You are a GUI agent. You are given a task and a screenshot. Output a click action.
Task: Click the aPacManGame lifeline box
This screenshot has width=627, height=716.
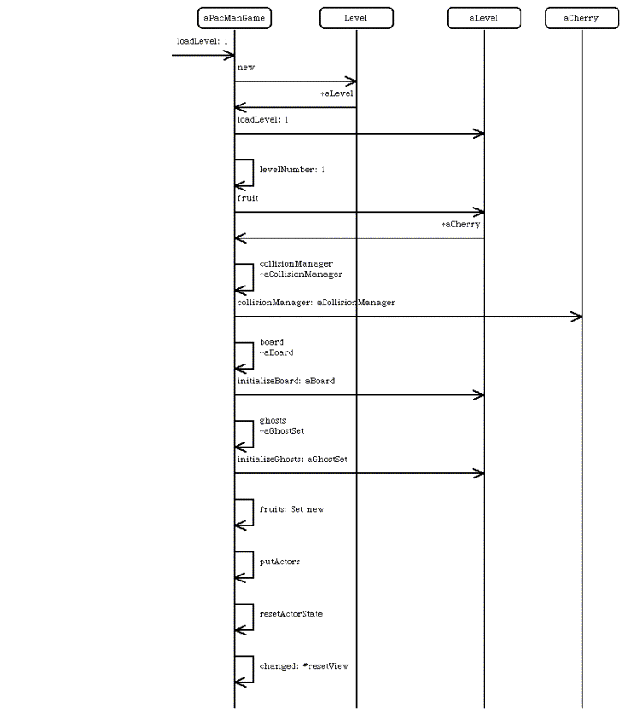[234, 18]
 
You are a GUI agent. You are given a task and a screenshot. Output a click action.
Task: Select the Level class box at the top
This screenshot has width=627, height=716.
[356, 18]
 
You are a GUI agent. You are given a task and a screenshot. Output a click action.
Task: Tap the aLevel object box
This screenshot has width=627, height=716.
[484, 18]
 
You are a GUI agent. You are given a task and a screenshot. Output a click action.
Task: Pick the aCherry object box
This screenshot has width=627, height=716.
[582, 18]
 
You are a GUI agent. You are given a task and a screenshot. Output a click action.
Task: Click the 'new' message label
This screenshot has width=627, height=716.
[245, 68]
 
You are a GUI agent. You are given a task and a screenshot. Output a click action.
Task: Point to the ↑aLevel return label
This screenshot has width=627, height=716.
[336, 93]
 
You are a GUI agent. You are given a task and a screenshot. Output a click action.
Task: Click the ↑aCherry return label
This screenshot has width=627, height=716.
[461, 224]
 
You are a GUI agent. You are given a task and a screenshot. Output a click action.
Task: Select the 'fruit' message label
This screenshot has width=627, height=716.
[248, 198]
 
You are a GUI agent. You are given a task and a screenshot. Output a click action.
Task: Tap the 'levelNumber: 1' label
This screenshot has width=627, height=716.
[292, 170]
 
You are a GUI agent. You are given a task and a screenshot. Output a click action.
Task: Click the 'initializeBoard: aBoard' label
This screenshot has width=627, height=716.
[286, 381]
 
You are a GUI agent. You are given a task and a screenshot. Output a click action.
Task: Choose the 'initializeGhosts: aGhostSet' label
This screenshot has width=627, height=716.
[292, 460]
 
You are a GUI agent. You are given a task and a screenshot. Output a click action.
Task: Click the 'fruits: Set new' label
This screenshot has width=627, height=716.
[292, 509]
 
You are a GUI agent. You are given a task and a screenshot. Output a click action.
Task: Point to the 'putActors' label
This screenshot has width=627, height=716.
[280, 562]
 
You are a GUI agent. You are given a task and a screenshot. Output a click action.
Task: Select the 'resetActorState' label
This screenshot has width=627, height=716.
[291, 614]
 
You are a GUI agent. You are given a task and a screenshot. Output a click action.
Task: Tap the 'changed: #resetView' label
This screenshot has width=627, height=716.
[304, 666]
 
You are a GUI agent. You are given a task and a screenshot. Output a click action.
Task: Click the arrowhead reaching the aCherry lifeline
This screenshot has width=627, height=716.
[576, 316]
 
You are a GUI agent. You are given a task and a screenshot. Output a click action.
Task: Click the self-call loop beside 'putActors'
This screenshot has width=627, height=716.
[253, 565]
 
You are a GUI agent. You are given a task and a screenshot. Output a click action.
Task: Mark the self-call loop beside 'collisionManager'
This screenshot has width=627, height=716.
[253, 277]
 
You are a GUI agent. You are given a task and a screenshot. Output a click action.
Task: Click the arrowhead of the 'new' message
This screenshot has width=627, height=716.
[351, 81]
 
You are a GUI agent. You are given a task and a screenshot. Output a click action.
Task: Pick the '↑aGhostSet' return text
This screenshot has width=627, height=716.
[281, 431]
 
